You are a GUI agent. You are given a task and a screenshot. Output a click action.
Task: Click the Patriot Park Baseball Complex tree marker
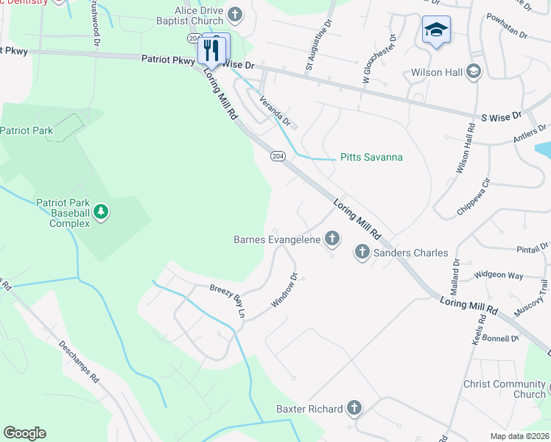tap(102, 213)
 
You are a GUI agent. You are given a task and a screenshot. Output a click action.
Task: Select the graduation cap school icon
tap(436, 30)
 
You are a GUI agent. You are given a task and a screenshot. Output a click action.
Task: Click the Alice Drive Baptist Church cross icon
tap(235, 14)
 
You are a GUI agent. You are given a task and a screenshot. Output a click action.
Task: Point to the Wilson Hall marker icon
tap(473, 71)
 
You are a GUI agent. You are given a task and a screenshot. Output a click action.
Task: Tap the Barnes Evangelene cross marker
tap(332, 239)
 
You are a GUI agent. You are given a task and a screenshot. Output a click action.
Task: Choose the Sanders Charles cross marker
tap(362, 253)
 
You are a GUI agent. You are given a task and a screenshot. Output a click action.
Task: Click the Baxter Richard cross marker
tap(354, 408)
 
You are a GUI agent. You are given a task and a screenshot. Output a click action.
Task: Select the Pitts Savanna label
tap(371, 158)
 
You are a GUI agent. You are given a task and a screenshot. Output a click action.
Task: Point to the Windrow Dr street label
tap(284, 292)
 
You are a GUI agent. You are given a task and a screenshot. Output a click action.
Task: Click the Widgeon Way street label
tap(499, 275)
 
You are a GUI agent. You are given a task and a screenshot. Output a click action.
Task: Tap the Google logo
tap(24, 432)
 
